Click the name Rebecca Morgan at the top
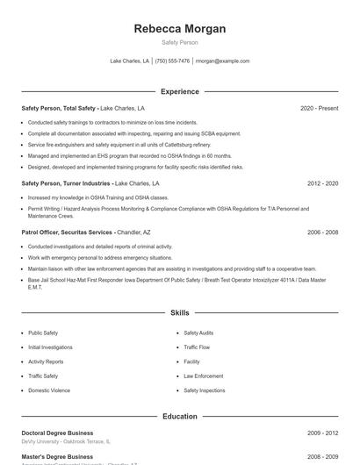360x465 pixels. pyautogui.click(x=179, y=29)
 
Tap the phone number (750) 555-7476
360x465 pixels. pyautogui.click(x=173, y=61)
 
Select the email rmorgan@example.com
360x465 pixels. pyautogui.click(x=222, y=61)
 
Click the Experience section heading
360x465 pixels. pyautogui.click(x=179, y=91)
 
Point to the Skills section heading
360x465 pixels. pyautogui.click(x=179, y=312)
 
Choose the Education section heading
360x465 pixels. pyautogui.click(x=179, y=417)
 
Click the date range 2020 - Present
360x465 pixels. pyautogui.click(x=319, y=108)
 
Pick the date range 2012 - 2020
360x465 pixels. pyautogui.click(x=322, y=184)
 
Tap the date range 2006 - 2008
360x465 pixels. pyautogui.click(x=322, y=232)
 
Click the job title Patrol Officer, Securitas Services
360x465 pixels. pyautogui.click(x=67, y=232)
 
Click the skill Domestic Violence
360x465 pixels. pyautogui.click(x=49, y=390)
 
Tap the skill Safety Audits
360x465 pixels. pyautogui.click(x=198, y=333)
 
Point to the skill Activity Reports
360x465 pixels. pyautogui.click(x=46, y=361)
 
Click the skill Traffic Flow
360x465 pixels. pyautogui.click(x=196, y=347)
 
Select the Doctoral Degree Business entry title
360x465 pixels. pyautogui.click(x=58, y=433)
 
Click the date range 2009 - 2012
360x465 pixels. pyautogui.click(x=322, y=433)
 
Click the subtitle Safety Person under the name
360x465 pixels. pyautogui.click(x=179, y=43)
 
